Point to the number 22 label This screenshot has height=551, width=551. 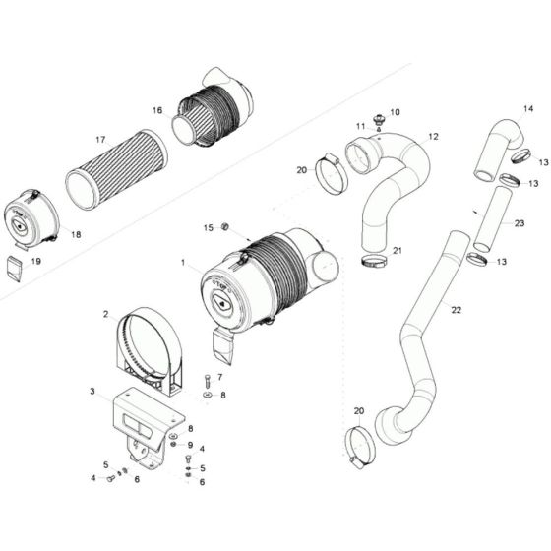(456, 310)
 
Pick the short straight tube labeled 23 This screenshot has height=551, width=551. (490, 218)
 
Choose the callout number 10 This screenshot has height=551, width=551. (396, 112)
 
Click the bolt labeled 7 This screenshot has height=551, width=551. (208, 380)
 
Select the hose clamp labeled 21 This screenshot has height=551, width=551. (374, 261)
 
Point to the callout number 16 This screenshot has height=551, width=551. (156, 110)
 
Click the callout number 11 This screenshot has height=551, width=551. (360, 126)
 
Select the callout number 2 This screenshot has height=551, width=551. (104, 315)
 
